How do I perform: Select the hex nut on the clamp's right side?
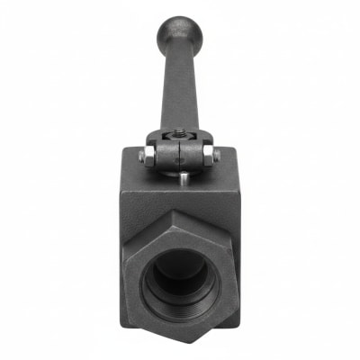point(208,157)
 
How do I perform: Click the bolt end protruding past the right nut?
point(217,157)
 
